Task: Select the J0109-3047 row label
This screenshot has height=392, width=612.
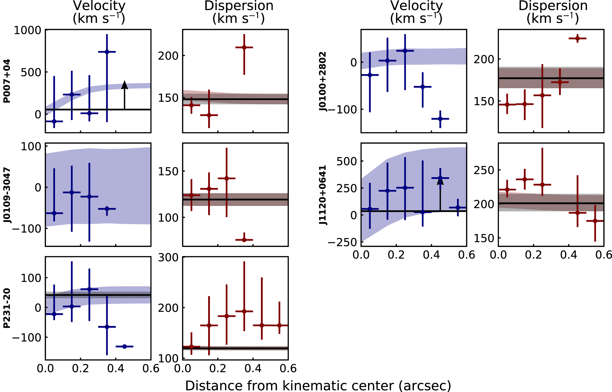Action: [x=7, y=195]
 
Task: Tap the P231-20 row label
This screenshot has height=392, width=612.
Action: [x=7, y=308]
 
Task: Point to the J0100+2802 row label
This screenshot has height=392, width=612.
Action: [x=322, y=81]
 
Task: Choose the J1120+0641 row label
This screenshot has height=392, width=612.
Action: [x=322, y=195]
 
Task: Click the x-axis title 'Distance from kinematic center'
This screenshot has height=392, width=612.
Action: [x=318, y=386]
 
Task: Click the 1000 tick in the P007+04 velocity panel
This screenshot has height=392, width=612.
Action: [x=28, y=30]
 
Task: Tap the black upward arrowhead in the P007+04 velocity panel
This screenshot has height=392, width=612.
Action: [x=124, y=85]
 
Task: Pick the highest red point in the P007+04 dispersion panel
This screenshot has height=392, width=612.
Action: [x=244, y=47]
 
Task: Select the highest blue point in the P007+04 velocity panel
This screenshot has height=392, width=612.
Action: [x=107, y=52]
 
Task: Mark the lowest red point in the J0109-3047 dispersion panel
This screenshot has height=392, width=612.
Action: [x=244, y=240]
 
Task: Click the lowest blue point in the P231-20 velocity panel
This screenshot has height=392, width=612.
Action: [x=124, y=346]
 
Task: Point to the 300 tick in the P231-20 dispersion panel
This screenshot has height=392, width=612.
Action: [x=168, y=258]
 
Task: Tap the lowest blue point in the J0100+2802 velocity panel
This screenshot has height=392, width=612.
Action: [x=440, y=119]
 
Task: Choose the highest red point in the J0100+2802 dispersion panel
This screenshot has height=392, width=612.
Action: [x=578, y=38]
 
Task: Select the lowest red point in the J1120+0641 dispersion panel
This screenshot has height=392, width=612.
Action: [x=595, y=221]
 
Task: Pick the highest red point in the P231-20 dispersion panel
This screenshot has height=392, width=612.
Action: [x=244, y=311]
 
